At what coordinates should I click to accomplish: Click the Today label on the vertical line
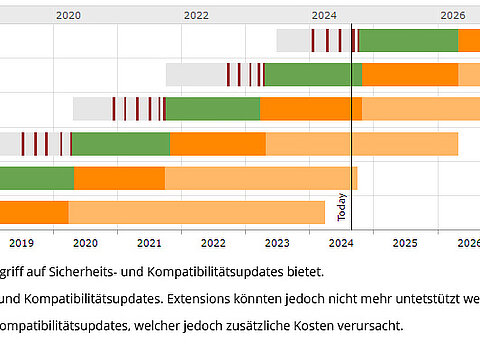pos(342,207)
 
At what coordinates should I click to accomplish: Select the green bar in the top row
pos(407,41)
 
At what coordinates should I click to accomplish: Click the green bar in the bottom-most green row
pos(36,178)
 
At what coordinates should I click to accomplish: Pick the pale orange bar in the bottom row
pos(196,212)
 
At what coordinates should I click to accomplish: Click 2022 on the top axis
pos(196,15)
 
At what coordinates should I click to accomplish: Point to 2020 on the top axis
pos(68,15)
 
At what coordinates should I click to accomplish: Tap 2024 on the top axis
pos(324,15)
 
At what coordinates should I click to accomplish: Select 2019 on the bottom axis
pos(21,242)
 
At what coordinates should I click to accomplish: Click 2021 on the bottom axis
pos(149,242)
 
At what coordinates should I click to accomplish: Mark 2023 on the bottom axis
pos(277,242)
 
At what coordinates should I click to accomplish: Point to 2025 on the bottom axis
pos(404,242)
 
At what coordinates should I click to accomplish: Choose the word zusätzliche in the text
pos(248,326)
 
